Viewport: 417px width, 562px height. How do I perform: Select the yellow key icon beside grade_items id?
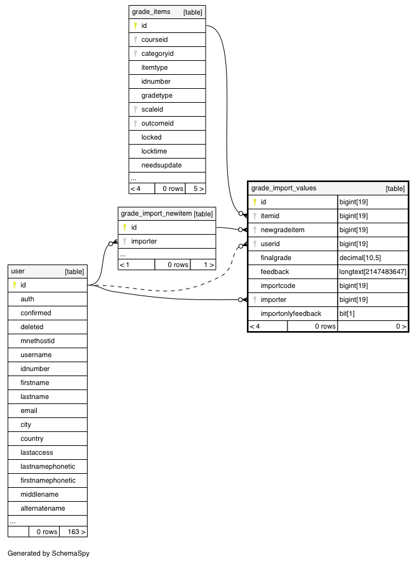135,26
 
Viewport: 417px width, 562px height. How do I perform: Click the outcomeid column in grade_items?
157,123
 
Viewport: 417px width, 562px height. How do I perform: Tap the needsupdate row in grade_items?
161,165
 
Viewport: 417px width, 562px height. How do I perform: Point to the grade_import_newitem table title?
156,214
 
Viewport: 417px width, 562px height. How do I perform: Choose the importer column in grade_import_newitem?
144,241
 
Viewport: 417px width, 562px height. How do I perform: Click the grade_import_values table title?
284,188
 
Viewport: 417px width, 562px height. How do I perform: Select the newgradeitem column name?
282,230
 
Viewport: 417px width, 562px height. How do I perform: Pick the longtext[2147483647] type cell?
373,271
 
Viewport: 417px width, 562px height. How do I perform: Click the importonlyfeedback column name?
291,313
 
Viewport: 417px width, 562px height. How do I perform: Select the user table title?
18,271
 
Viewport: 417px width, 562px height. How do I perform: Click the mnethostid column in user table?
37,341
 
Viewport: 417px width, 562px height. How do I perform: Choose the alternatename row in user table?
43,508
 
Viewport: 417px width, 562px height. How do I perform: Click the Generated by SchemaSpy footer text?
49,553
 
